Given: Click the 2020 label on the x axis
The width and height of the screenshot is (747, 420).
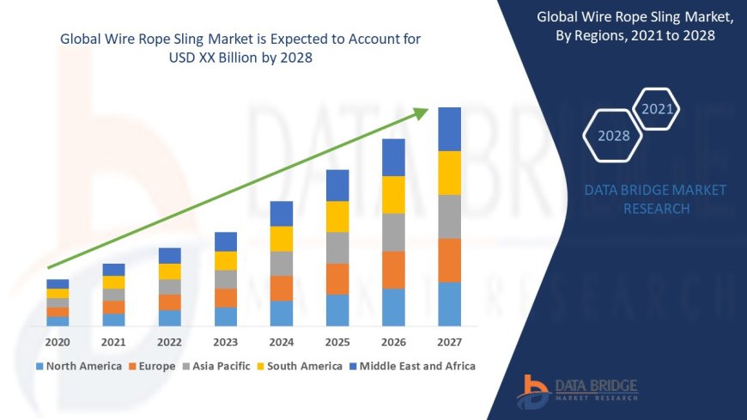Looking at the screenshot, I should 58,341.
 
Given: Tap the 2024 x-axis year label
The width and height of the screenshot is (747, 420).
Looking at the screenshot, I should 282,341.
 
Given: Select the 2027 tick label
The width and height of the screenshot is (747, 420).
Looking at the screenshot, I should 449,341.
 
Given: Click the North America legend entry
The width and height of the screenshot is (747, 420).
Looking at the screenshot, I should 78,366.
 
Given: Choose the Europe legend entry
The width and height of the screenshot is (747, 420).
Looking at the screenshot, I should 152,366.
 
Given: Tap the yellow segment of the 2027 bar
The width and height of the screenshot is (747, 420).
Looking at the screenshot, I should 449,173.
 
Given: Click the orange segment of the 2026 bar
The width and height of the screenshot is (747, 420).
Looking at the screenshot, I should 393,270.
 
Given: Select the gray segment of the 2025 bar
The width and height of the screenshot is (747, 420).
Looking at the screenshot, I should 337,247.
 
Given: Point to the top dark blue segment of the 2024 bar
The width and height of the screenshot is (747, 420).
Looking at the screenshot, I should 282,214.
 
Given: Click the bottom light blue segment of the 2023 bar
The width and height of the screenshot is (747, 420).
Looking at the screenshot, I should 226,317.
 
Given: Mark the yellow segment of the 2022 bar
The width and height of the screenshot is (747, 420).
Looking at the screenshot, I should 170,271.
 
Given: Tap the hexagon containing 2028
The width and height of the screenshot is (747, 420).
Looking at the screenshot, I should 613,136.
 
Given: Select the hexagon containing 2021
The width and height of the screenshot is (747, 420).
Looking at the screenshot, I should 658,109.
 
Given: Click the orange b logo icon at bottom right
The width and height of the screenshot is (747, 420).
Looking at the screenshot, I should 534,391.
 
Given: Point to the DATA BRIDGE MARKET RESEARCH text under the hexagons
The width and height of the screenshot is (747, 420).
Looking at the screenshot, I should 655,199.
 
